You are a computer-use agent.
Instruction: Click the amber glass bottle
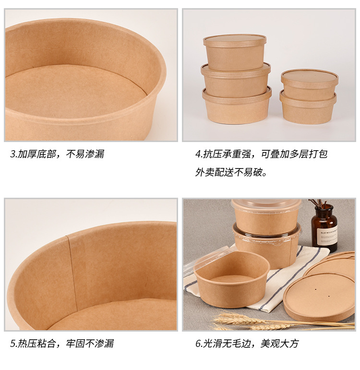[324, 228]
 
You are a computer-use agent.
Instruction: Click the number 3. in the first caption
[14, 154]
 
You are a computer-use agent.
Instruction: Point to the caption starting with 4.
[261, 154]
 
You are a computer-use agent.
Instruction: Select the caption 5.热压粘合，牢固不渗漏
[62, 344]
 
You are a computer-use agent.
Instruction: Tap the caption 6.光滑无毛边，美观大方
[247, 344]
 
